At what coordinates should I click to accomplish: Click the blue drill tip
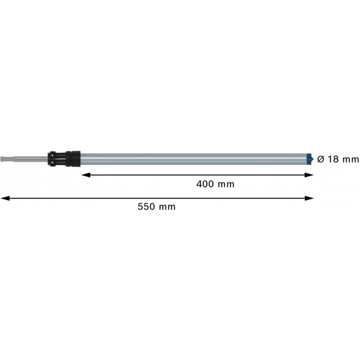coord(310,159)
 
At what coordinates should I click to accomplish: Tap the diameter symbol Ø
coord(321,159)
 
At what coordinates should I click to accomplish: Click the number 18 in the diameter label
coord(333,159)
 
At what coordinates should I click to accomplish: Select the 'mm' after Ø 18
coord(350,160)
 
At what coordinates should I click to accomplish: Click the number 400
coord(205,184)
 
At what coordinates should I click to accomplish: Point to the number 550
coord(146,206)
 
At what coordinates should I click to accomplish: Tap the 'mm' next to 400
coord(226,185)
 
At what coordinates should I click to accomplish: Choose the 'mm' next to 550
coord(167,208)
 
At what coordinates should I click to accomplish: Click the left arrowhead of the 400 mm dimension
coord(86,175)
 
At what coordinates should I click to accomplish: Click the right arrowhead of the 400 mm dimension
coord(309,175)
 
